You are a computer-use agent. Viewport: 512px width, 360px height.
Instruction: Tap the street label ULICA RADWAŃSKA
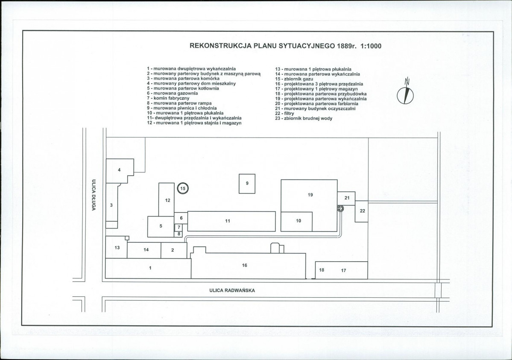pos(232,290)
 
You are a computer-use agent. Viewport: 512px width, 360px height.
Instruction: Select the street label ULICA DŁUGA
pos(94,195)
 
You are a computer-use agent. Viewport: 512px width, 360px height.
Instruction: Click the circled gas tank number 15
pos(183,188)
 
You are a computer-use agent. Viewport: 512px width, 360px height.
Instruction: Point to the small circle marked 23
pos(341,208)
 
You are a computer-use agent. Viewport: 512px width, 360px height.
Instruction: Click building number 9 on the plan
pos(247,184)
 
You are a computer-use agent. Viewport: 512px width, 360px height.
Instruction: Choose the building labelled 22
pos(361,211)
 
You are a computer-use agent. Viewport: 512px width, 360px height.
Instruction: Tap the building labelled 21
pos(346,198)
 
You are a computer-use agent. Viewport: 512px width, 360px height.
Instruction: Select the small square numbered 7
pos(178,227)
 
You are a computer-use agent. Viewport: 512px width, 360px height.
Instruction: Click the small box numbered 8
pos(178,234)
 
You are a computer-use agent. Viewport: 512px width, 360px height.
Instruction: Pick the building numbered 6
pos(181,218)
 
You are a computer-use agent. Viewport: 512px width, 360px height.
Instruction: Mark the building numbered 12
pos(167,199)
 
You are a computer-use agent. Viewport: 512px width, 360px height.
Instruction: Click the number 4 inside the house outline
pos(119,170)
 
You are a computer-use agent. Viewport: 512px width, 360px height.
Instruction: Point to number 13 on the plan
pos(117,248)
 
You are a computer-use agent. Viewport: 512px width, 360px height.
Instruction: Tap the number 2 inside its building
pos(173,250)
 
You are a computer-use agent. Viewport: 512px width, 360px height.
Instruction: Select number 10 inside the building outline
pos(298,221)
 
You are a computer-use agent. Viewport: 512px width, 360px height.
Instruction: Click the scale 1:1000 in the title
pos(371,46)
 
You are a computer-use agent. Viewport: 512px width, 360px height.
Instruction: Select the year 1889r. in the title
pos(348,46)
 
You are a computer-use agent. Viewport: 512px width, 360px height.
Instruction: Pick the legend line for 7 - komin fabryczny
pos(168,98)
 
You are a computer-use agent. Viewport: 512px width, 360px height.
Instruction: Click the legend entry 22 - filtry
pos(284,113)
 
